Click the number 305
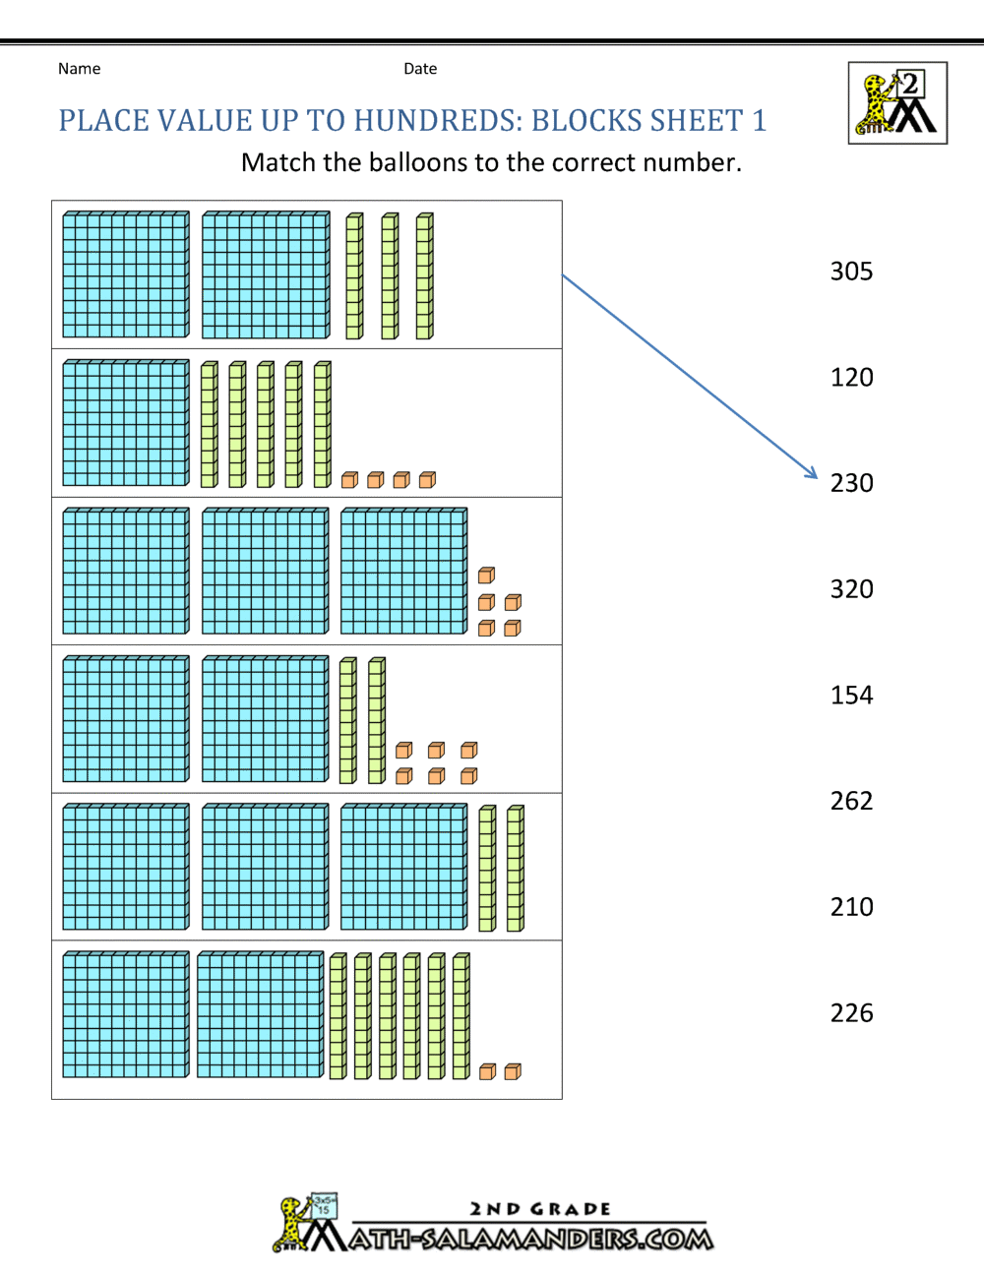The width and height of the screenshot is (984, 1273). coord(851,272)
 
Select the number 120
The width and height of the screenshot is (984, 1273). coord(851,378)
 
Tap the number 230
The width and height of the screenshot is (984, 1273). coord(851,483)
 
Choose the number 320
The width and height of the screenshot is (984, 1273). coord(851,589)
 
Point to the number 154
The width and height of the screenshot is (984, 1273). coord(851,696)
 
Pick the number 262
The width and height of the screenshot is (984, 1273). coord(851,801)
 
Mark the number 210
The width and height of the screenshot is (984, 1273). coord(851,907)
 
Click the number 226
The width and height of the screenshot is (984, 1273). coord(851,1013)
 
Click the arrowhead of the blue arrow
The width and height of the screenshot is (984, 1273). coord(812,473)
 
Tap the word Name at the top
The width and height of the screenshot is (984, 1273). coord(79,69)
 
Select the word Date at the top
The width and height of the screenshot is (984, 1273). coord(420,69)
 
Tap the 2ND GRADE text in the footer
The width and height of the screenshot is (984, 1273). coord(540,1209)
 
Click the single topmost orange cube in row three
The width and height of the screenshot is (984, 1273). coord(486,576)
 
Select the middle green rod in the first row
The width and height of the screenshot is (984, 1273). coord(390,276)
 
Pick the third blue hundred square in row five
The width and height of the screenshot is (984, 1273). coord(403,867)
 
